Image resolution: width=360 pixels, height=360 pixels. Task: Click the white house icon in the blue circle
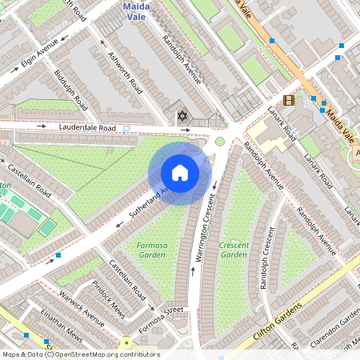pyautogui.click(x=180, y=173)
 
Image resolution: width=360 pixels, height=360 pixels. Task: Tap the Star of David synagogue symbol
pyautogui.click(x=182, y=118)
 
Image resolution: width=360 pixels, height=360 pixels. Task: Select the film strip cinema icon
pyautogui.click(x=288, y=100)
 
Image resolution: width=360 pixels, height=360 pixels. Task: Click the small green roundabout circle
pyautogui.click(x=219, y=142)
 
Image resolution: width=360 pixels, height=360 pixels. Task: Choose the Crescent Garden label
pyautogui.click(x=234, y=250)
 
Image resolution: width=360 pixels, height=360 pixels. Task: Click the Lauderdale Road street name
pyautogui.click(x=87, y=128)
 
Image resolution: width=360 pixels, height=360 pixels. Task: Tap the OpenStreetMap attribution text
pyautogui.click(x=80, y=354)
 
